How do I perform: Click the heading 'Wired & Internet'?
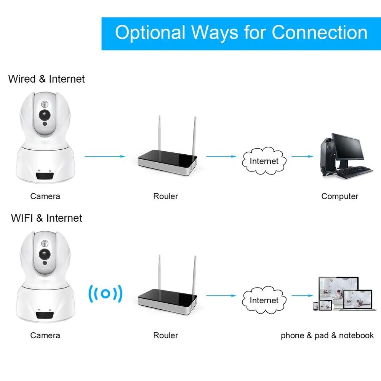point(46,79)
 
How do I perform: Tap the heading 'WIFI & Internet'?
point(46,218)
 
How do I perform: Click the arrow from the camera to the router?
point(104,156)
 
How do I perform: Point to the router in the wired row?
point(168,160)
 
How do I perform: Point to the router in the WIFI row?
point(168,299)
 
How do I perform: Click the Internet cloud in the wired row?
point(264,161)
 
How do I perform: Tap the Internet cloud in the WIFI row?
point(264,300)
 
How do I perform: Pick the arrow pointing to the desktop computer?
point(303,156)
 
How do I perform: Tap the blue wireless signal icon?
point(106,294)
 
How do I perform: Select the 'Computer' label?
point(340,197)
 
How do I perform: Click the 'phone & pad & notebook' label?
point(327,336)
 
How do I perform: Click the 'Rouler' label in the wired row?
point(165,197)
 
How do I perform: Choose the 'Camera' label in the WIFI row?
point(45,336)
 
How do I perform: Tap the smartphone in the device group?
point(316,306)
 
